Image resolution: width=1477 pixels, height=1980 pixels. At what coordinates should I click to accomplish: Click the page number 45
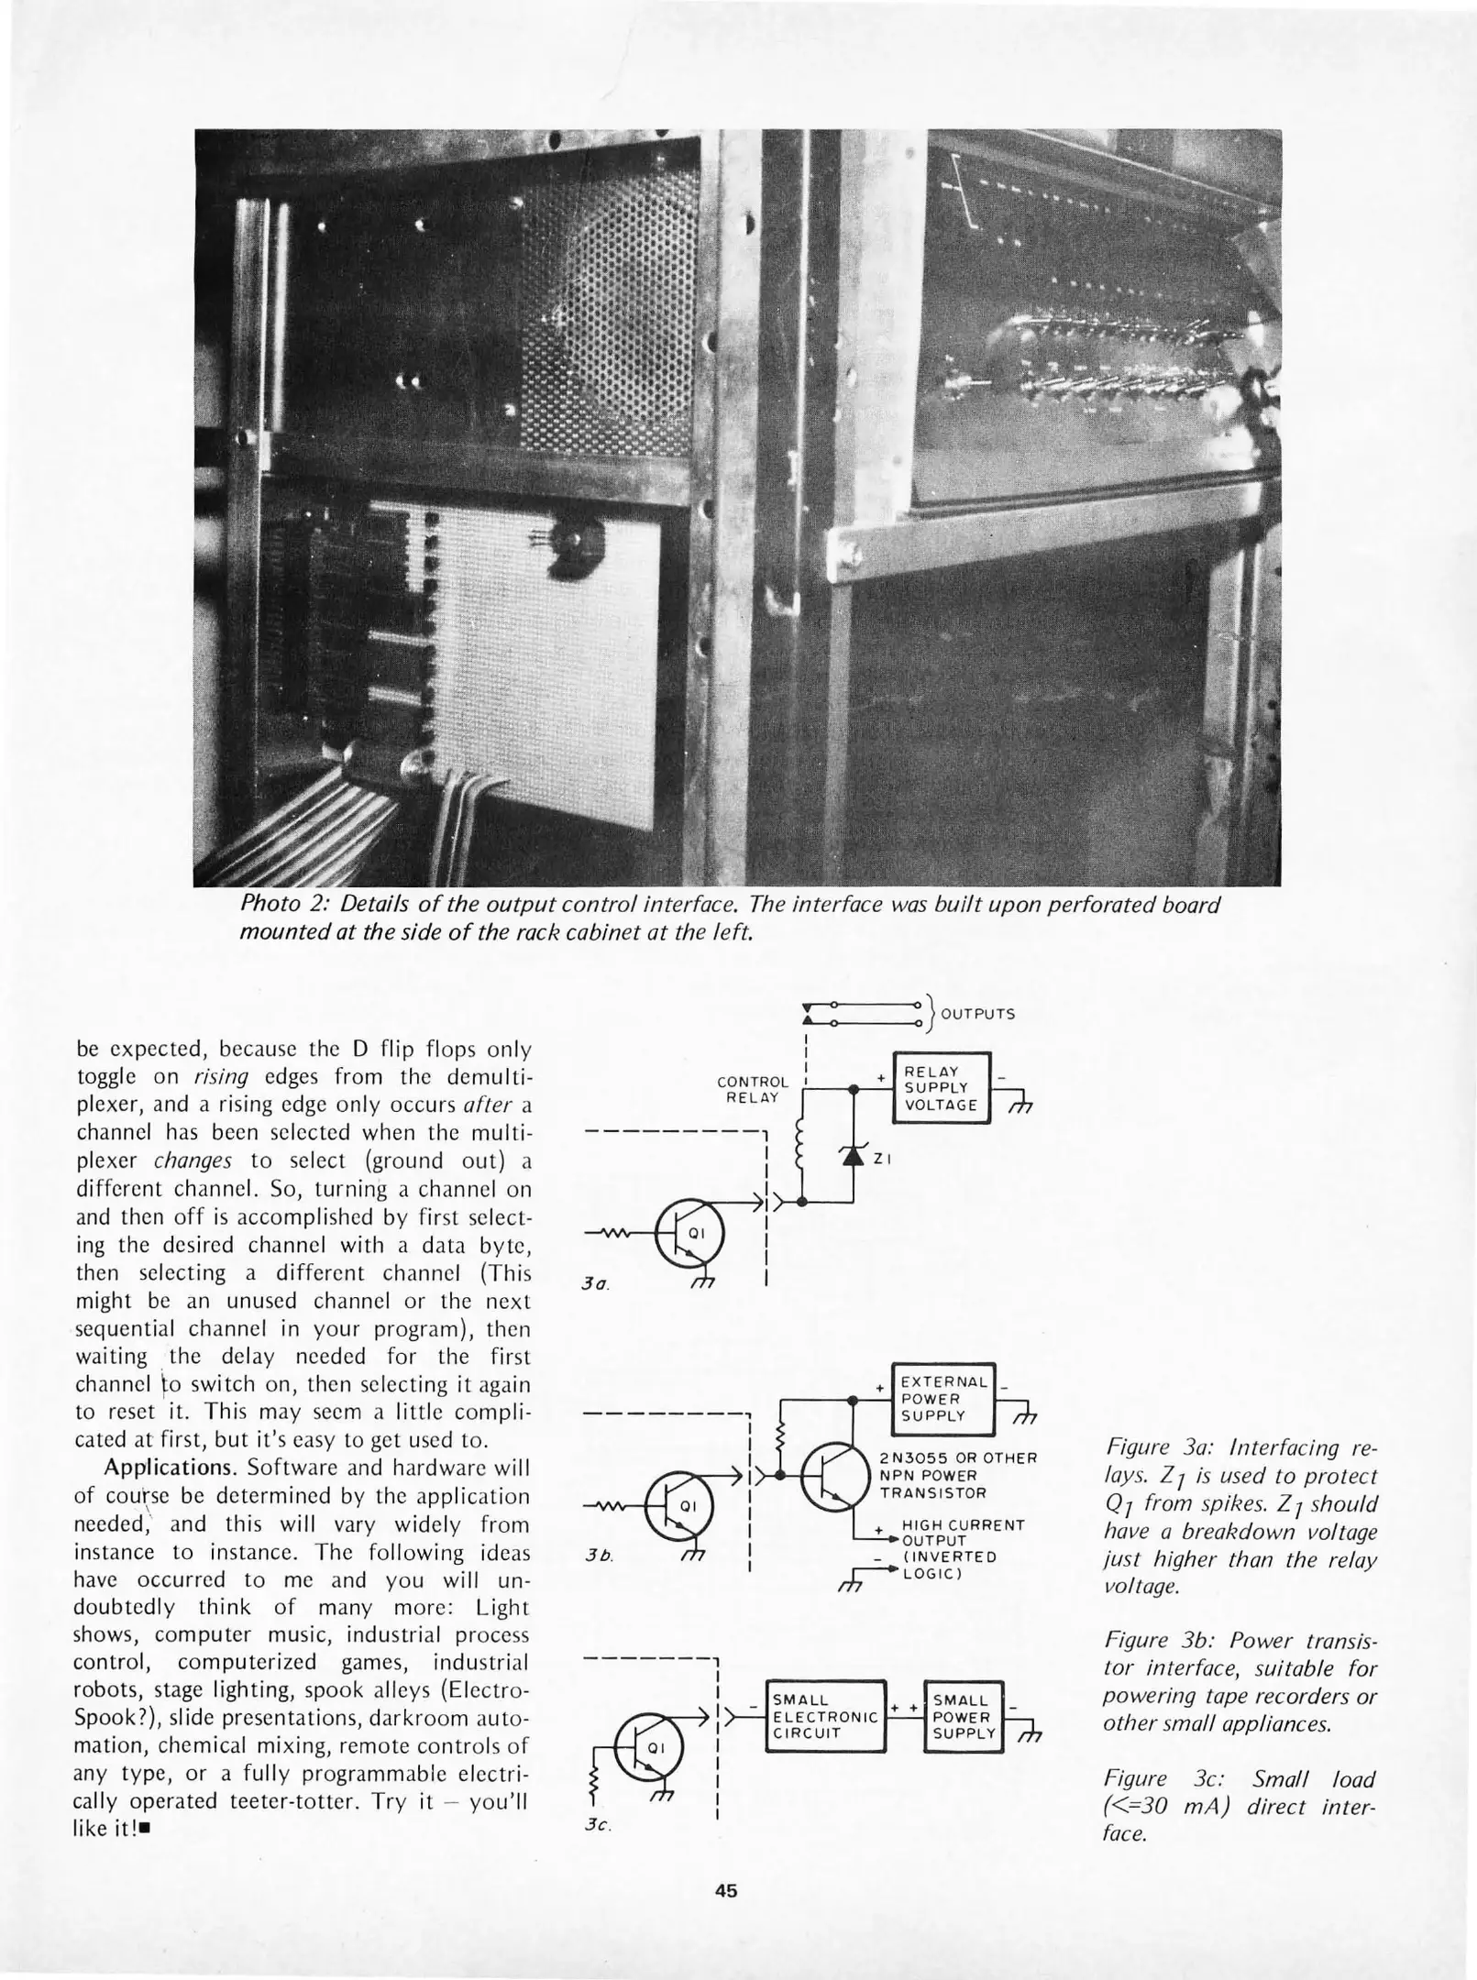tap(726, 1890)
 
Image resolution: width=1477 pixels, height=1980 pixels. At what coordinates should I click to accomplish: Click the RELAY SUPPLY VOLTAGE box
tap(941, 1088)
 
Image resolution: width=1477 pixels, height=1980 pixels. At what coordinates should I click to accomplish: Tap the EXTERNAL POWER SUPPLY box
tap(942, 1399)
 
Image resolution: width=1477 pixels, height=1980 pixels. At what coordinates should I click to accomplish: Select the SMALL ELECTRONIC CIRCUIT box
tap(825, 1717)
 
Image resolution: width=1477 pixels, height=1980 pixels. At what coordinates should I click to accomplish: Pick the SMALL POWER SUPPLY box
tap(964, 1717)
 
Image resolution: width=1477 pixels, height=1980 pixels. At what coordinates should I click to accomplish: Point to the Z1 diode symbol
tap(854, 1157)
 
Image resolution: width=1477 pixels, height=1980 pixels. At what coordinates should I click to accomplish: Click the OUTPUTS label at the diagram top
tap(977, 1014)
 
